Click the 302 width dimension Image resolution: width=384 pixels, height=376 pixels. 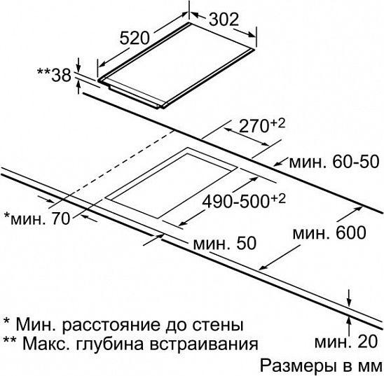click(224, 20)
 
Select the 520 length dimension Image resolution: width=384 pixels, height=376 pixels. click(135, 39)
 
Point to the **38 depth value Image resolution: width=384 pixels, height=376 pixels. click(54, 76)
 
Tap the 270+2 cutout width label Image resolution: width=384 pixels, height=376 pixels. click(262, 125)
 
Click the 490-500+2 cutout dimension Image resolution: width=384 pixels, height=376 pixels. click(244, 201)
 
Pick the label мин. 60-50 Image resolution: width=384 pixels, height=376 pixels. click(334, 162)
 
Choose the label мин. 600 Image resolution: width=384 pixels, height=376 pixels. click(329, 232)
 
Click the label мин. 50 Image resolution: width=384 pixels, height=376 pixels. click(224, 243)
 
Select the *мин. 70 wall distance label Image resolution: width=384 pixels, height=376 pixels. click(37, 218)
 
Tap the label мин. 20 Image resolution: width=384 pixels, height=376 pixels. click(346, 342)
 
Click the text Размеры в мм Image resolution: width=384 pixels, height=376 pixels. click(320, 365)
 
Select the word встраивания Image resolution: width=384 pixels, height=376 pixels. click(204, 344)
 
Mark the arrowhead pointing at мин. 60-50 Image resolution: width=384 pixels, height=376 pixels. click(277, 163)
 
